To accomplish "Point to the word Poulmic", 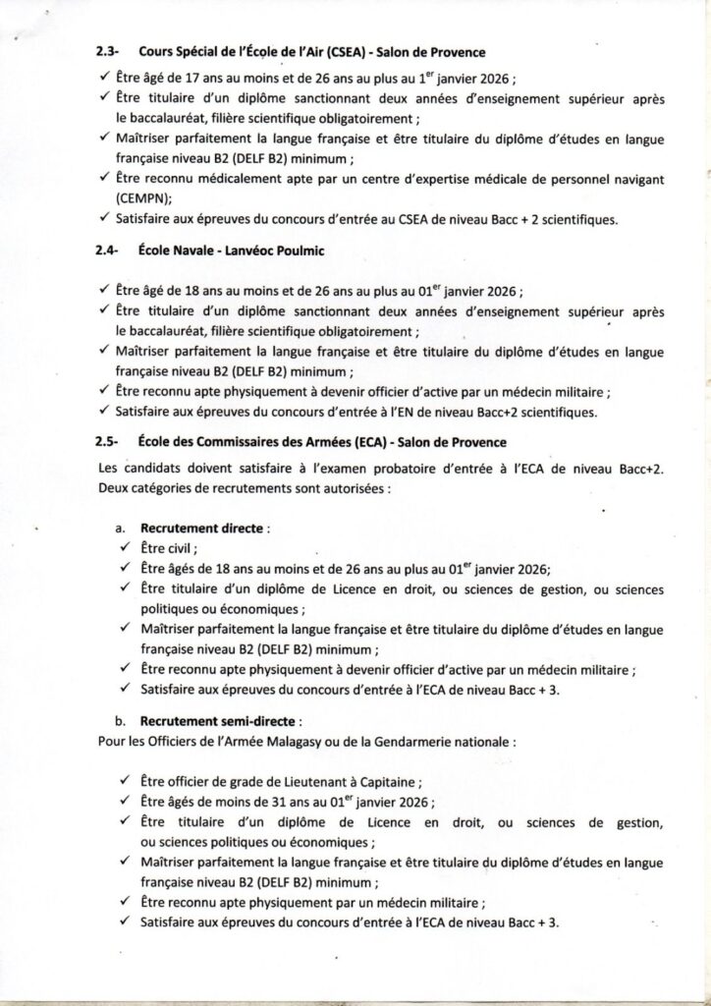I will coord(300,251).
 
